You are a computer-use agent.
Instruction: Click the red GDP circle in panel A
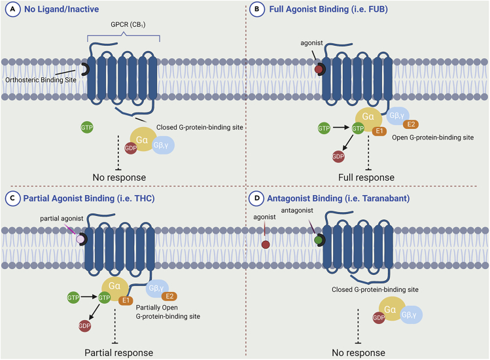coord(130,148)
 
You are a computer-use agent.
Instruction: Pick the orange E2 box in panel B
coord(411,124)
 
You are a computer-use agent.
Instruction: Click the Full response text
coord(366,177)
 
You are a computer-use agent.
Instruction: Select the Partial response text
coord(118,352)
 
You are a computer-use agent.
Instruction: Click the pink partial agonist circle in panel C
coord(81,240)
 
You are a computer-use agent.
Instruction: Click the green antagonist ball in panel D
coord(317,240)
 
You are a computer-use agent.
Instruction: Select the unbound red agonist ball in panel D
coord(266,244)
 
